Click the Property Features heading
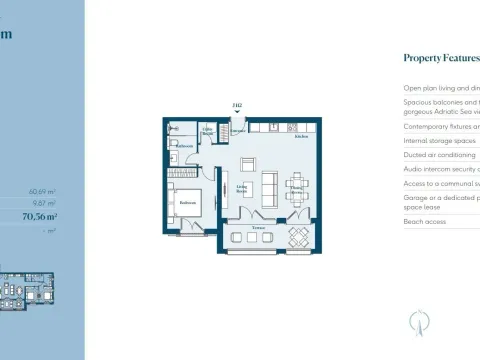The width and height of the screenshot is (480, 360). pos(441,58)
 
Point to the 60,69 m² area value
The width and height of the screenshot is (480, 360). pos(41,190)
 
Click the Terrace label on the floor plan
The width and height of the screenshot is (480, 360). pos(259,228)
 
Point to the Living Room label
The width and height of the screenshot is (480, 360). pos(242,186)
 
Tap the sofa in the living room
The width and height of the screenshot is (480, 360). pos(269,186)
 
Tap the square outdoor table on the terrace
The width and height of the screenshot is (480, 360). pos(298,237)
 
